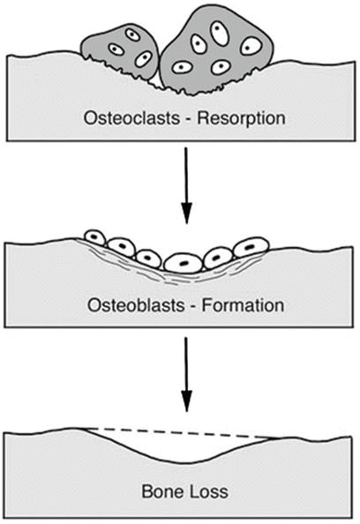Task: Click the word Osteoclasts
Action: tap(131, 118)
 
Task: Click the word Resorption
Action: tap(241, 119)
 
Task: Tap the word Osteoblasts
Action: tap(136, 305)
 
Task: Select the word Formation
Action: tap(243, 305)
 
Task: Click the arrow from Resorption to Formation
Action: tap(186, 185)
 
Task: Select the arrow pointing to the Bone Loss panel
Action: tap(186, 374)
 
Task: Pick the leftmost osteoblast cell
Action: tap(95, 238)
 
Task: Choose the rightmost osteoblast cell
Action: tap(251, 247)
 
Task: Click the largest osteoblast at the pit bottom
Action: tap(184, 263)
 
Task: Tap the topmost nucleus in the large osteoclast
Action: tap(220, 33)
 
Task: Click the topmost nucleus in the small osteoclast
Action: tap(132, 34)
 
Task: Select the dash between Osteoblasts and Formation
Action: tap(193, 307)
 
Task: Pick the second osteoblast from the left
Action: tap(122, 247)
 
